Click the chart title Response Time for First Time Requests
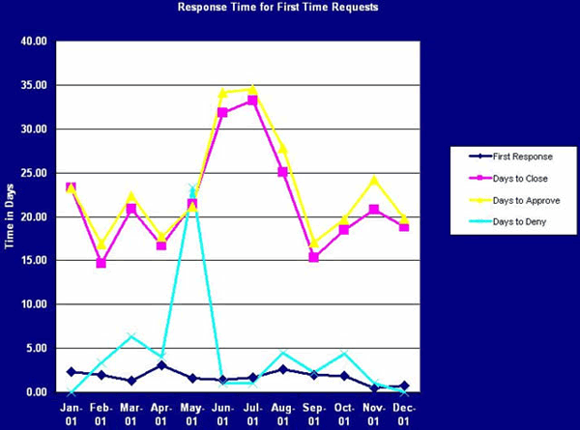(277, 7)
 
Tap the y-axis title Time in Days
(9, 215)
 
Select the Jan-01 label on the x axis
(71, 414)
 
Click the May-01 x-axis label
(191, 414)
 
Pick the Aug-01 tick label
(282, 414)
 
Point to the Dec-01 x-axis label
(404, 414)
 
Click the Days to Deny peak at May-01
(192, 188)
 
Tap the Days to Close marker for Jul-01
(252, 100)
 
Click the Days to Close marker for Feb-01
(101, 263)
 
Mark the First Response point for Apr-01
(161, 365)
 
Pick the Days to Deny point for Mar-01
(131, 336)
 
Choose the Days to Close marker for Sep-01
(313, 257)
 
